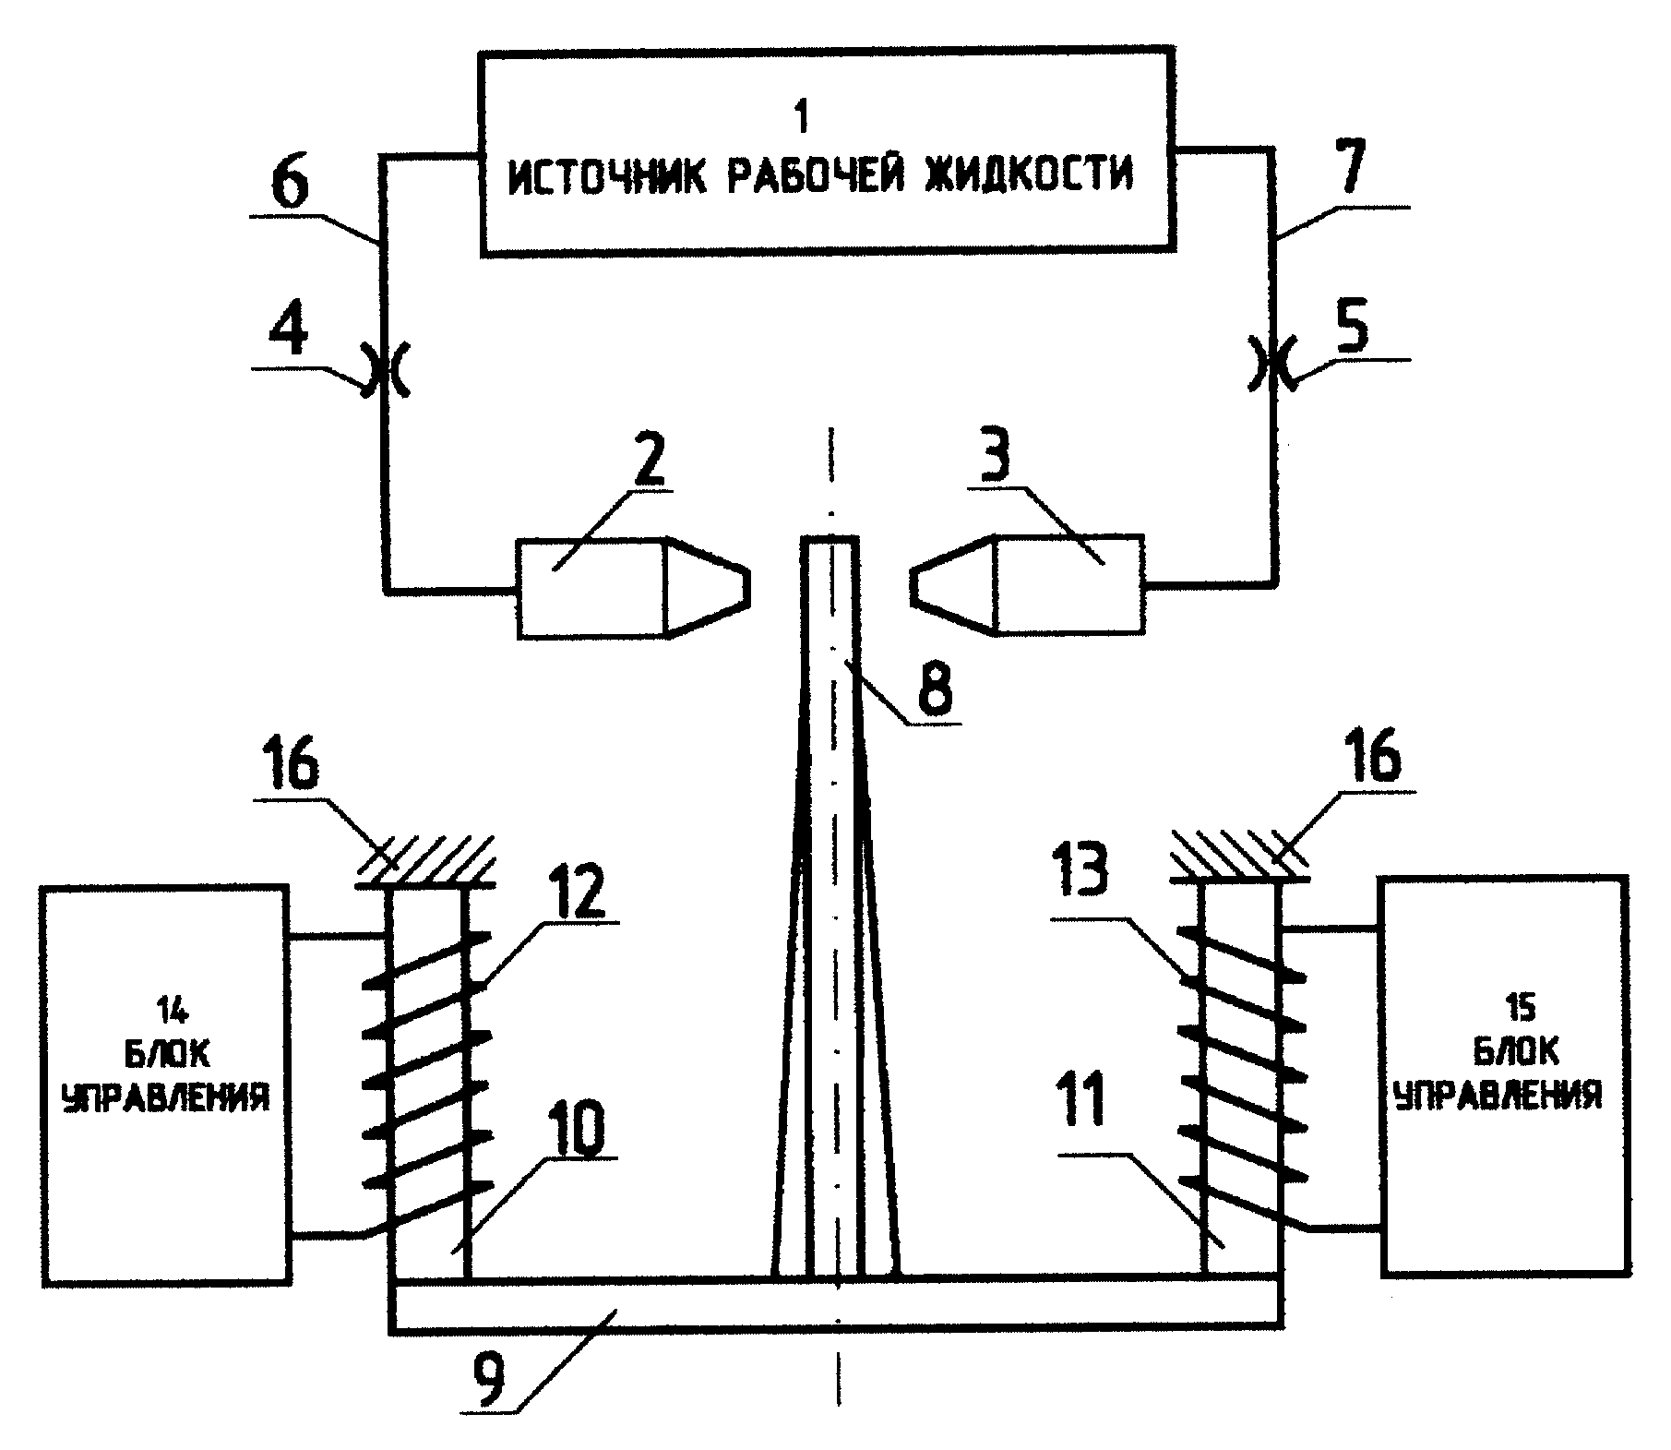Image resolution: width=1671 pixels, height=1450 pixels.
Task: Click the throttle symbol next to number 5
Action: (x=1274, y=365)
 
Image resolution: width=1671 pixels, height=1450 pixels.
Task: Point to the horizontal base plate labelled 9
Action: (x=834, y=1305)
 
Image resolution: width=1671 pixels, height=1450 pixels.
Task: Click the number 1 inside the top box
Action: (x=800, y=117)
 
